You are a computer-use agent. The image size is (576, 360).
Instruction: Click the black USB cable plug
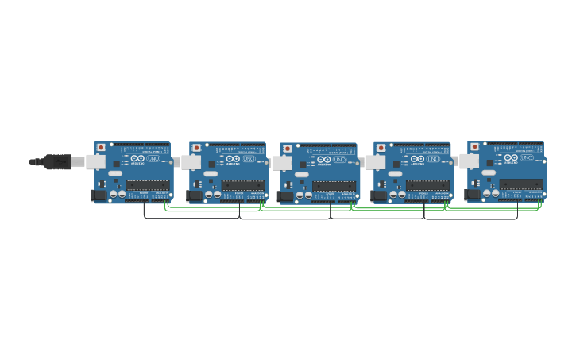pyautogui.click(x=56, y=162)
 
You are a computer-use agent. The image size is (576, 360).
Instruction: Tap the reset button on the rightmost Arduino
pyautogui.click(x=475, y=147)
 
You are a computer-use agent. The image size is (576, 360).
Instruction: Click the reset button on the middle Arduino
pyautogui.click(x=288, y=149)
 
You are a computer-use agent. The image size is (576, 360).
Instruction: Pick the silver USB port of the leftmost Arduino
pyautogui.click(x=96, y=162)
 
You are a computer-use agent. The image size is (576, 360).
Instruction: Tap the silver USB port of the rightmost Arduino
pyautogui.click(x=470, y=161)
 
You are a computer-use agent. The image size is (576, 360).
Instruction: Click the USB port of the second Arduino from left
pyautogui.click(x=191, y=162)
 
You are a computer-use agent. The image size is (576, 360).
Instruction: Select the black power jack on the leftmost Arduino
pyautogui.click(x=99, y=195)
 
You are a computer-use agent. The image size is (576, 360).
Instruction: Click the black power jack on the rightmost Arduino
pyautogui.click(x=473, y=194)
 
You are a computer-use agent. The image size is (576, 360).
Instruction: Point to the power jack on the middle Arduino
pyautogui.click(x=285, y=195)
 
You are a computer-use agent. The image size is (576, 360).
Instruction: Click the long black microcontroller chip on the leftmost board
pyautogui.click(x=148, y=184)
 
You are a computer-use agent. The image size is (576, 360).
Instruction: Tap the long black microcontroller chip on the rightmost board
pyautogui.click(x=521, y=184)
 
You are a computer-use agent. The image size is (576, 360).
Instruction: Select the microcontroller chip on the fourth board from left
pyautogui.click(x=427, y=185)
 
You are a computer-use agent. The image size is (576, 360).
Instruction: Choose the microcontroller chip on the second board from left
pyautogui.click(x=243, y=185)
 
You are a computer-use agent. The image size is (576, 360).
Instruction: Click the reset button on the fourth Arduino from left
pyautogui.click(x=381, y=148)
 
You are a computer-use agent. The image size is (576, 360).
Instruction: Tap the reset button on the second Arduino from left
pyautogui.click(x=196, y=148)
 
